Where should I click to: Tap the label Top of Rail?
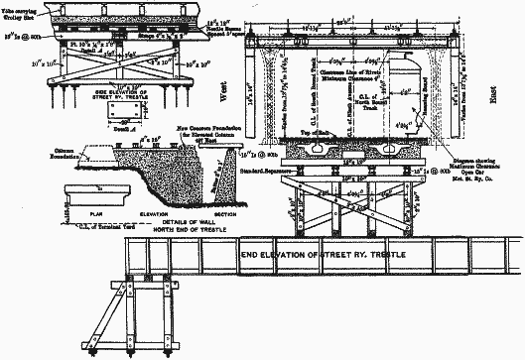tap(325, 130)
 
